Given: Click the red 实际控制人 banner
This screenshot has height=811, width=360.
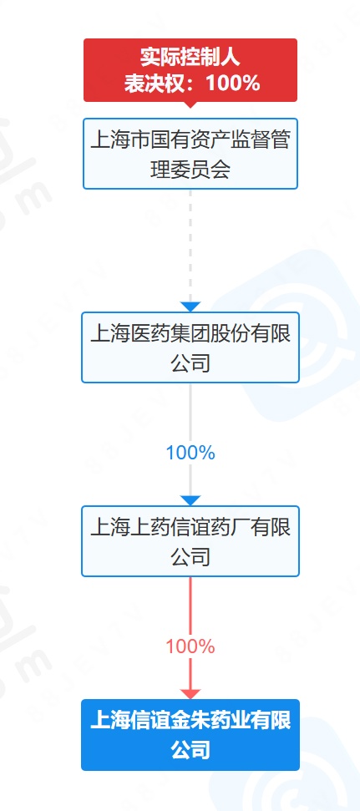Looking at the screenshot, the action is pos(190,70).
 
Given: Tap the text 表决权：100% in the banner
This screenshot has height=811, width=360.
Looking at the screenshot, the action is pos(191,82).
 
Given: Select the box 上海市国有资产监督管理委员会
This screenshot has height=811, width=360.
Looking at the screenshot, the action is pos(190,154).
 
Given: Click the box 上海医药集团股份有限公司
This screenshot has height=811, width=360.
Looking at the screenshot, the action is pos(190,347).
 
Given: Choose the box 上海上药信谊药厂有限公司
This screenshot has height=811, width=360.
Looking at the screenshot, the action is pos(190,541).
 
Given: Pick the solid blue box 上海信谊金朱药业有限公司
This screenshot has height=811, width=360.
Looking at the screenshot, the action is pos(190,735).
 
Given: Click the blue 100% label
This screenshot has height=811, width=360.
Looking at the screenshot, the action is pos(190,453).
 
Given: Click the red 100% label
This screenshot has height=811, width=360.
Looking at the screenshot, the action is pos(190,646).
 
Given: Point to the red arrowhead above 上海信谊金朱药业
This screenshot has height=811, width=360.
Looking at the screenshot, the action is pos(190,694).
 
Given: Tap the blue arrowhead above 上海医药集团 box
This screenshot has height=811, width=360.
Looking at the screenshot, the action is pos(190,307).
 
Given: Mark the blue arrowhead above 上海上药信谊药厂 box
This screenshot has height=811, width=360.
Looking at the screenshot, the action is pos(190,500).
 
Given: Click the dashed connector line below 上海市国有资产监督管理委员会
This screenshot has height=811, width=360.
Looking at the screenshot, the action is pos(190,246).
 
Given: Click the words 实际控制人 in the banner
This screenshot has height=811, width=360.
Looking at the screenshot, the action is pos(190,58).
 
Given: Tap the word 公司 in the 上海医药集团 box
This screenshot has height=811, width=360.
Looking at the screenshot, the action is pos(190,363).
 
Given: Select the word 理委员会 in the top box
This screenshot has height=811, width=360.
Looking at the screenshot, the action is pos(190,170).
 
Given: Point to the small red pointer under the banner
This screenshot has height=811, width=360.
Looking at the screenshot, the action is pos(190,104).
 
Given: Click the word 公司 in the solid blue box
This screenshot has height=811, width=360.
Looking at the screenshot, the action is pos(190,750).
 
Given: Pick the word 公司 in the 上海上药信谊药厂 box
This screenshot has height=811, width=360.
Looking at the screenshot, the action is pos(190,557).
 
